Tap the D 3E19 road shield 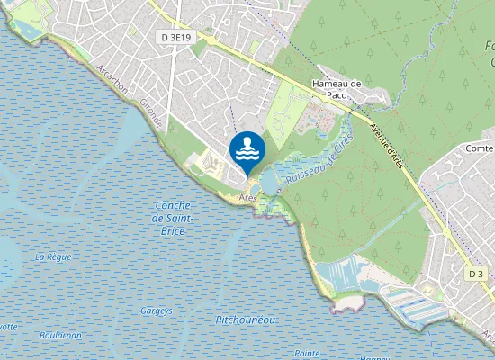tap(178, 37)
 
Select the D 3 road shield tap(476, 273)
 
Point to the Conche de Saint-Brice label tap(172, 219)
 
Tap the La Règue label tap(53, 256)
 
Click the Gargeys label tap(156, 310)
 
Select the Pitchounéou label tap(246, 320)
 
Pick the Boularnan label tap(60, 335)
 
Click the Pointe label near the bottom tap(308, 353)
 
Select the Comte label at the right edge tap(481, 148)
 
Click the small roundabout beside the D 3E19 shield tap(211, 40)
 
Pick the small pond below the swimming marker tap(245, 183)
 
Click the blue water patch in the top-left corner tap(24, 30)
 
